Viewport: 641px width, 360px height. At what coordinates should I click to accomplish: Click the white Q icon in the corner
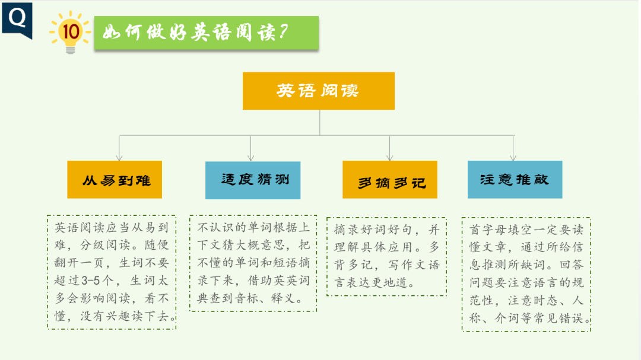(x=17, y=18)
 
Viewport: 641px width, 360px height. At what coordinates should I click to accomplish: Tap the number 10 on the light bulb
(x=71, y=31)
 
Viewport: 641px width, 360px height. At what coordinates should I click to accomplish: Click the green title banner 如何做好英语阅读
(x=207, y=33)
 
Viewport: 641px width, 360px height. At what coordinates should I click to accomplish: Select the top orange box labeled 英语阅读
(x=319, y=91)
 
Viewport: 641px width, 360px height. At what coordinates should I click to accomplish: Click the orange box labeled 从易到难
(x=115, y=179)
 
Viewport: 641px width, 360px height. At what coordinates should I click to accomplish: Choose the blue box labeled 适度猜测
(x=253, y=180)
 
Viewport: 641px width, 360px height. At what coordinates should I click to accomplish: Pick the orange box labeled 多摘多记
(x=390, y=180)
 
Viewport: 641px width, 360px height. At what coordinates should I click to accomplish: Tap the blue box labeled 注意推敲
(x=515, y=179)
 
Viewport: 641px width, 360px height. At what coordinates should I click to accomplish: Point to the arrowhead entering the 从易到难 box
(x=119, y=158)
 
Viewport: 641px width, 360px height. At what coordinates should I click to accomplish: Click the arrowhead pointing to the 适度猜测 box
(x=251, y=158)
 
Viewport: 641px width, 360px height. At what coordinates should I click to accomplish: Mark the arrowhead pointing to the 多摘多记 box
(x=390, y=158)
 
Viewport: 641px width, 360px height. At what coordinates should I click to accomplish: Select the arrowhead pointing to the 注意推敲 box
(x=513, y=158)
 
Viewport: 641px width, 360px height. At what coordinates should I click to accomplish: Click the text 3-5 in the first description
(x=91, y=281)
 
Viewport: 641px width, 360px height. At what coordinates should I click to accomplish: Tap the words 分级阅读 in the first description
(x=106, y=245)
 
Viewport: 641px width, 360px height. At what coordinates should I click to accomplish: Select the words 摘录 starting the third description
(x=346, y=230)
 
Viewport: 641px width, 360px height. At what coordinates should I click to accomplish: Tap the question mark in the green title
(x=283, y=31)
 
